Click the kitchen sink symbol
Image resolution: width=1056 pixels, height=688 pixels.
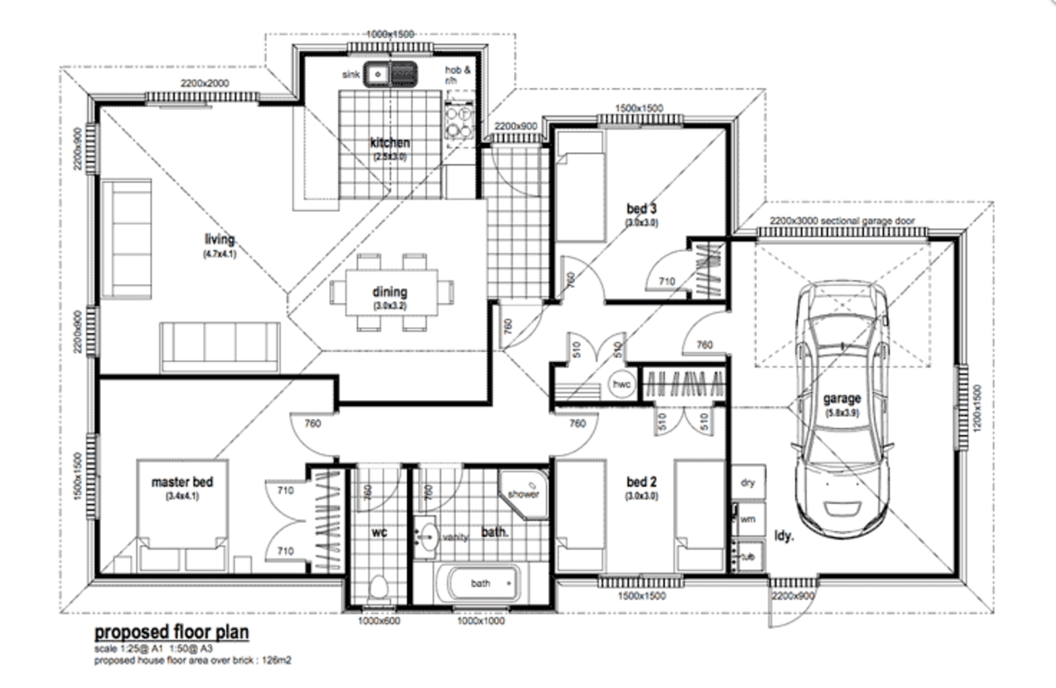tap(390, 74)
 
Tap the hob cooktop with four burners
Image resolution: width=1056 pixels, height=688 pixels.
tap(459, 122)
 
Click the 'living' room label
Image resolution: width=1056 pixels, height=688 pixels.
tap(219, 239)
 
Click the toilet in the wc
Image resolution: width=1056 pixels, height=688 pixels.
tap(378, 588)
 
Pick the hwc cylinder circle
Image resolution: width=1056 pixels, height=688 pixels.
tap(621, 384)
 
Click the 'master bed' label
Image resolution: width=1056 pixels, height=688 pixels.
tap(182, 482)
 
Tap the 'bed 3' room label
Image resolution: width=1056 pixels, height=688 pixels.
tap(641, 209)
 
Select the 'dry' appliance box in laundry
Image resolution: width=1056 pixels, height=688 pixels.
tap(748, 482)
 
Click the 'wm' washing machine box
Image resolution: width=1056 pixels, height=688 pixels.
tap(748, 519)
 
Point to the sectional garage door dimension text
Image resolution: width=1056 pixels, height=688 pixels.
tap(842, 221)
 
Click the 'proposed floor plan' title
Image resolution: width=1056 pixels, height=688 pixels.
tap(172, 632)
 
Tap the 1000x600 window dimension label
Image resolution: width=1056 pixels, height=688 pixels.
tap(379, 621)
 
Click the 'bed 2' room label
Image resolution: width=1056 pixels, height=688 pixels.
tap(641, 482)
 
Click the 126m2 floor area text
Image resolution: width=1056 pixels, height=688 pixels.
tap(276, 660)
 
